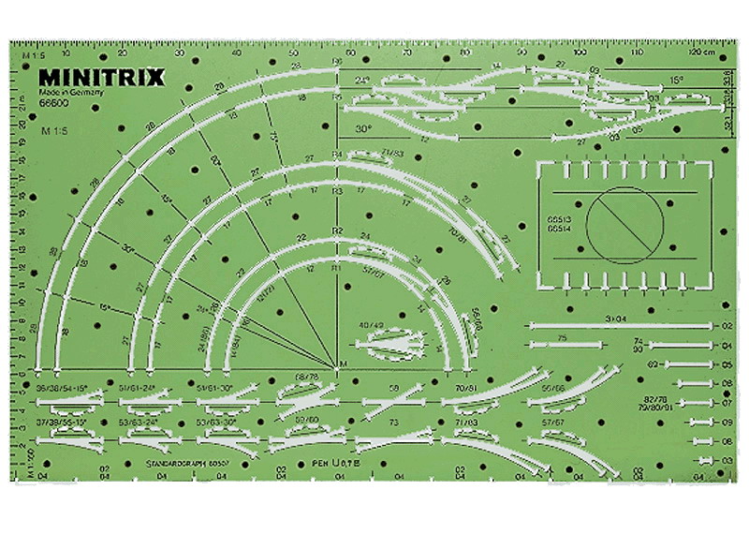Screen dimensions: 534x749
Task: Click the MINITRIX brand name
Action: pyautogui.click(x=102, y=77)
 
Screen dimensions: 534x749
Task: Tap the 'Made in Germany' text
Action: pyautogui.click(x=68, y=96)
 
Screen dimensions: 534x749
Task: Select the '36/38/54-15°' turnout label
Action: pyautogui.click(x=62, y=385)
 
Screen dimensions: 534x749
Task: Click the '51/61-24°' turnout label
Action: pyautogui.click(x=139, y=385)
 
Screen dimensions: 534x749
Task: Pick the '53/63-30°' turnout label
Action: pyautogui.click(x=217, y=423)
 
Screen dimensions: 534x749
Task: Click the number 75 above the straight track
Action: pyautogui.click(x=562, y=336)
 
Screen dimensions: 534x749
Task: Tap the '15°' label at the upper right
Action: pyautogui.click(x=677, y=81)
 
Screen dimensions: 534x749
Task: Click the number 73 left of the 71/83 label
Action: pyautogui.click(x=394, y=423)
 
